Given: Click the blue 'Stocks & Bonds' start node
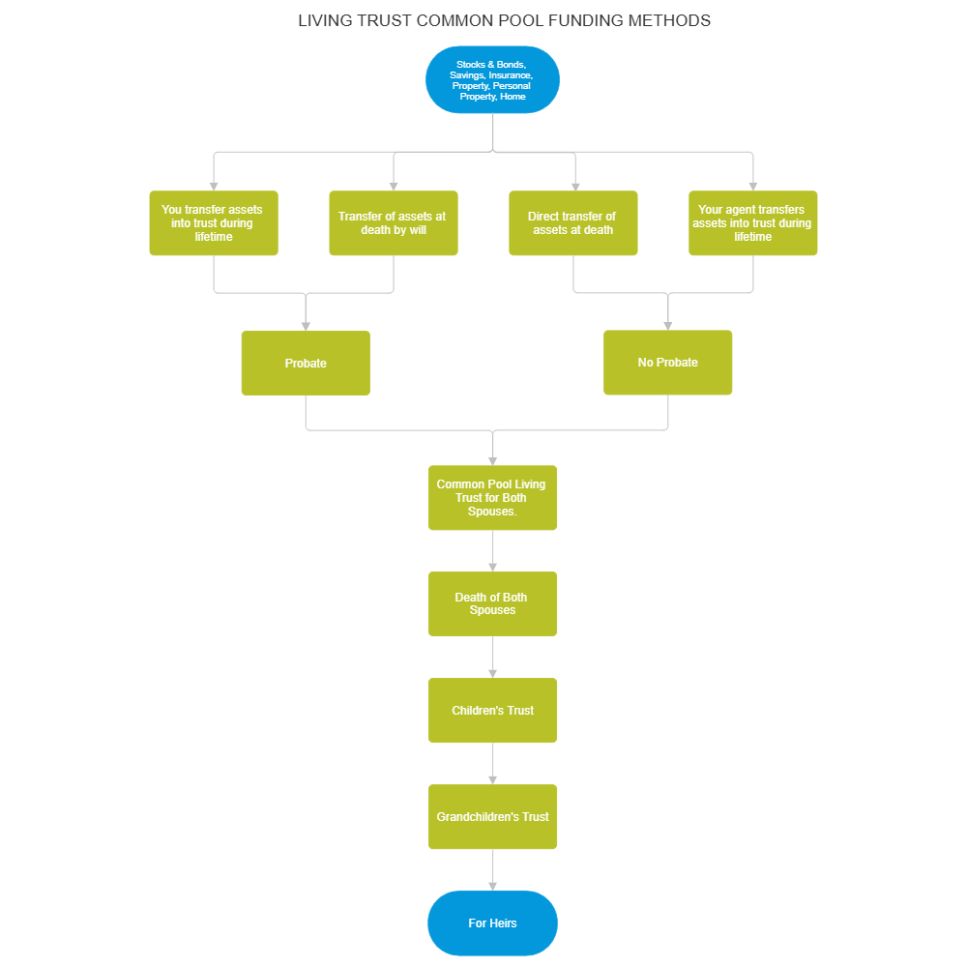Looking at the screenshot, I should tap(492, 80).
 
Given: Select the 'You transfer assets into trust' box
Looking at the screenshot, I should tap(213, 223).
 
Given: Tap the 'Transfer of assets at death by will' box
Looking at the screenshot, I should tap(393, 223).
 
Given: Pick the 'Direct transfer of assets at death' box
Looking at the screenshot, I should tap(572, 223).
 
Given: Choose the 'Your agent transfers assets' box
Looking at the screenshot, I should tap(752, 223).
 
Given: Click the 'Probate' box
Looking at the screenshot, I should tap(306, 364).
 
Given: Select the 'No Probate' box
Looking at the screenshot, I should tap(667, 363).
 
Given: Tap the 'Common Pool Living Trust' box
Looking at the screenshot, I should tap(492, 498).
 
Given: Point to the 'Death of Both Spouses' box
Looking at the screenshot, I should tap(492, 603).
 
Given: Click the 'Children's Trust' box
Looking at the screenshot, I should tap(492, 711).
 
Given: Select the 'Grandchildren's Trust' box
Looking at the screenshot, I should tap(492, 817).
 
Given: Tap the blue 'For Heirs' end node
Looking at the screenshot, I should tap(492, 923).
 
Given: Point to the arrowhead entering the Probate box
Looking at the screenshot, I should tap(306, 325).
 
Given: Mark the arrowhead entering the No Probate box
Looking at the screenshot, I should tap(667, 324).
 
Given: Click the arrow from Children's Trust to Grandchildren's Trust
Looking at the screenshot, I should tap(492, 764).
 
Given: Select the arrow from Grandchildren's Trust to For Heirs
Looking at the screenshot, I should tap(492, 870).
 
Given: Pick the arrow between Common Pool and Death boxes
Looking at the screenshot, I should tap(492, 551).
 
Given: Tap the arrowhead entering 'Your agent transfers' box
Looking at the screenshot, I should tap(752, 185).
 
